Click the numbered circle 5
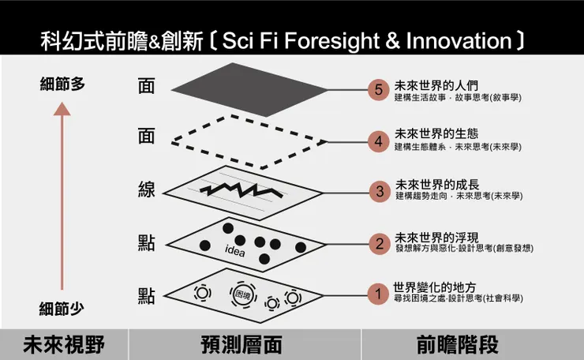pyautogui.click(x=378, y=90)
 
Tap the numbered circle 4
pyautogui.click(x=378, y=141)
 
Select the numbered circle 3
pyautogui.click(x=380, y=192)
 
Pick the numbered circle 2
pyautogui.click(x=380, y=244)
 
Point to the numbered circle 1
pyautogui.click(x=378, y=294)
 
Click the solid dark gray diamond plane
pyautogui.click(x=249, y=90)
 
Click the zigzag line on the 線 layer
pyautogui.click(x=241, y=190)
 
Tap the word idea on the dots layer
pyautogui.click(x=235, y=251)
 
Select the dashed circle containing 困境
pyautogui.click(x=243, y=294)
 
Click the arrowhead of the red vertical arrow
pyautogui.click(x=62, y=109)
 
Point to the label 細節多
pyautogui.click(x=62, y=84)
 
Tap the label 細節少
pyautogui.click(x=62, y=309)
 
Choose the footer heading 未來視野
pyautogui.click(x=64, y=344)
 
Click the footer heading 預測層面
pyautogui.click(x=241, y=344)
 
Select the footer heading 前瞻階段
pyautogui.click(x=458, y=344)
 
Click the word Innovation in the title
pyautogui.click(x=459, y=40)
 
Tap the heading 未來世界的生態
pyautogui.click(x=436, y=133)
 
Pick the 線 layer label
pyautogui.click(x=146, y=189)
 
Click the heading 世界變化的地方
pyautogui.click(x=435, y=287)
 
